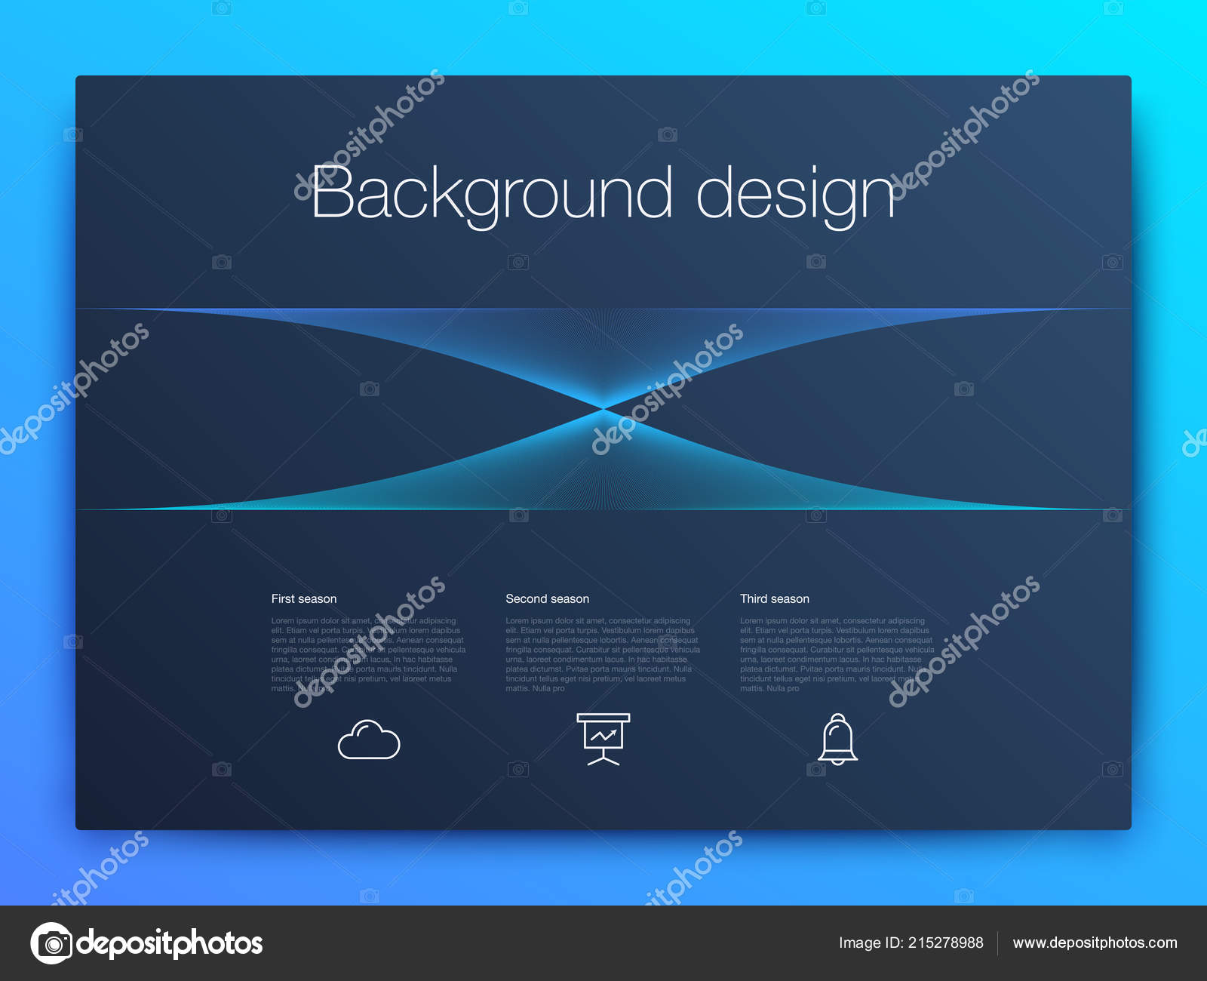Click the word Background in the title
tap(490, 193)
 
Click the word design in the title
tap(795, 193)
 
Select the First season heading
tap(304, 598)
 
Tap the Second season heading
tap(547, 598)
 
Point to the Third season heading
tap(774, 598)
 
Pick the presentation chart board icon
tap(603, 739)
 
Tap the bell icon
tap(838, 739)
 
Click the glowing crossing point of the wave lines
tap(603, 408)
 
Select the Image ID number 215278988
tap(945, 943)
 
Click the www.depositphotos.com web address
tap(1095, 943)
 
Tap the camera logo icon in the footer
tap(52, 943)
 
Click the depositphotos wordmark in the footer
tap(170, 943)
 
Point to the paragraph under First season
tap(368, 654)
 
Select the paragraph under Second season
tap(602, 654)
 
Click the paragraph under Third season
tap(837, 654)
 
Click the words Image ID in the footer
tap(871, 943)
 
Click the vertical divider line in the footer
tap(998, 943)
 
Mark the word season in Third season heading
tap(791, 598)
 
